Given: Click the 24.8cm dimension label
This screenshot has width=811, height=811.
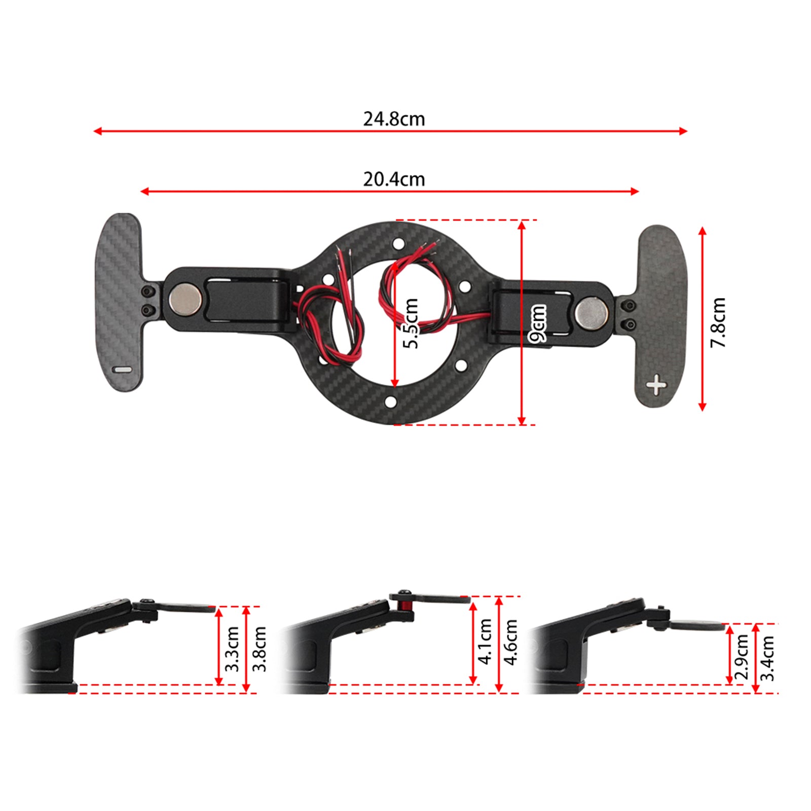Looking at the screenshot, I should point(394,119).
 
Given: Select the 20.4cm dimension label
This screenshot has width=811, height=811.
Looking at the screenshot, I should point(394,179).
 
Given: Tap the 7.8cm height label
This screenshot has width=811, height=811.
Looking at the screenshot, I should point(718,322).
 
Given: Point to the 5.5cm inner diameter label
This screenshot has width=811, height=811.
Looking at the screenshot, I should point(411,324).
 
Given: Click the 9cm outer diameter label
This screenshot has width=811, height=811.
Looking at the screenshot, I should point(538,324).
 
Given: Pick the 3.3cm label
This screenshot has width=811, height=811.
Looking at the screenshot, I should point(232,649).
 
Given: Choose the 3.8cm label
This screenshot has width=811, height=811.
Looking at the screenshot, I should point(259,649).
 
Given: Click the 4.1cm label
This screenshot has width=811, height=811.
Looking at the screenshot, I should point(486,641).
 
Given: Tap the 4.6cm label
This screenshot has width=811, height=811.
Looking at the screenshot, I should point(511,642).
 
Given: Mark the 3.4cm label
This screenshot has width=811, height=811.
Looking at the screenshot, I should point(768,658).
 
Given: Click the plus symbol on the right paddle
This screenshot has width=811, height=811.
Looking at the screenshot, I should point(656,385).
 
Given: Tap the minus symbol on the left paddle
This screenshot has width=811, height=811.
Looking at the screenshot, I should point(122,370).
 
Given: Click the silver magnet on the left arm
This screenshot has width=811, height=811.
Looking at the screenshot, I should point(185,299).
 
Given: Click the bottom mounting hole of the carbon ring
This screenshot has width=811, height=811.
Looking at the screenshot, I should point(391,402).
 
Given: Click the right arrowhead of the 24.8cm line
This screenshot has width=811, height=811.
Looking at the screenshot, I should point(684,131).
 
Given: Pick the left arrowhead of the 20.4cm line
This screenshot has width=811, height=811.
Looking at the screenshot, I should point(143,191).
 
